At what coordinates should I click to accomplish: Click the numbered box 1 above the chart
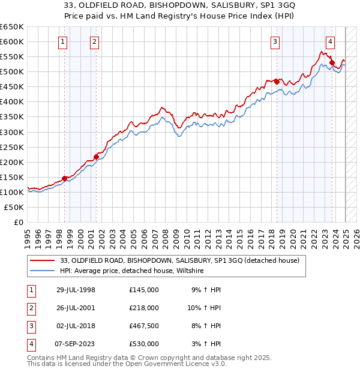pyautogui.click(x=64, y=41)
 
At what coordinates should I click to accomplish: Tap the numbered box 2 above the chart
pyautogui.click(x=95, y=41)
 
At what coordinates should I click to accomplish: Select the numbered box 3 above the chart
pyautogui.click(x=275, y=41)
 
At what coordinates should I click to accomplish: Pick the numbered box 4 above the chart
pyautogui.click(x=330, y=41)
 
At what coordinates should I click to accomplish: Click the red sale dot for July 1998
pyautogui.click(x=65, y=178)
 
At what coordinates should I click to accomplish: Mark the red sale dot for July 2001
pyautogui.click(x=96, y=157)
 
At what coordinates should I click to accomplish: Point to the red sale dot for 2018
pyautogui.click(x=276, y=81)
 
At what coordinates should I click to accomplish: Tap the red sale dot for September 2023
pyautogui.click(x=332, y=62)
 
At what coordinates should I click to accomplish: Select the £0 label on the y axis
pyautogui.click(x=18, y=222)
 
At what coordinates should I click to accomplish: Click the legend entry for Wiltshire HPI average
pyautogui.click(x=132, y=271)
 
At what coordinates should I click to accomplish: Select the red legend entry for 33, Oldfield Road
pyautogui.click(x=184, y=260)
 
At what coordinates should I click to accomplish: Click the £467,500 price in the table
pyautogui.click(x=144, y=326)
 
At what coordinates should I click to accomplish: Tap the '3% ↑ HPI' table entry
pyautogui.click(x=207, y=344)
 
